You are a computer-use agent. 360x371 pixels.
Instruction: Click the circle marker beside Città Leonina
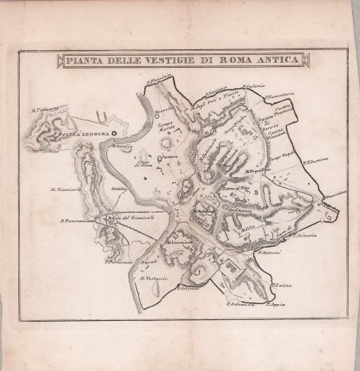114,135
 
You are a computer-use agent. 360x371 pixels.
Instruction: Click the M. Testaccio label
151,277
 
